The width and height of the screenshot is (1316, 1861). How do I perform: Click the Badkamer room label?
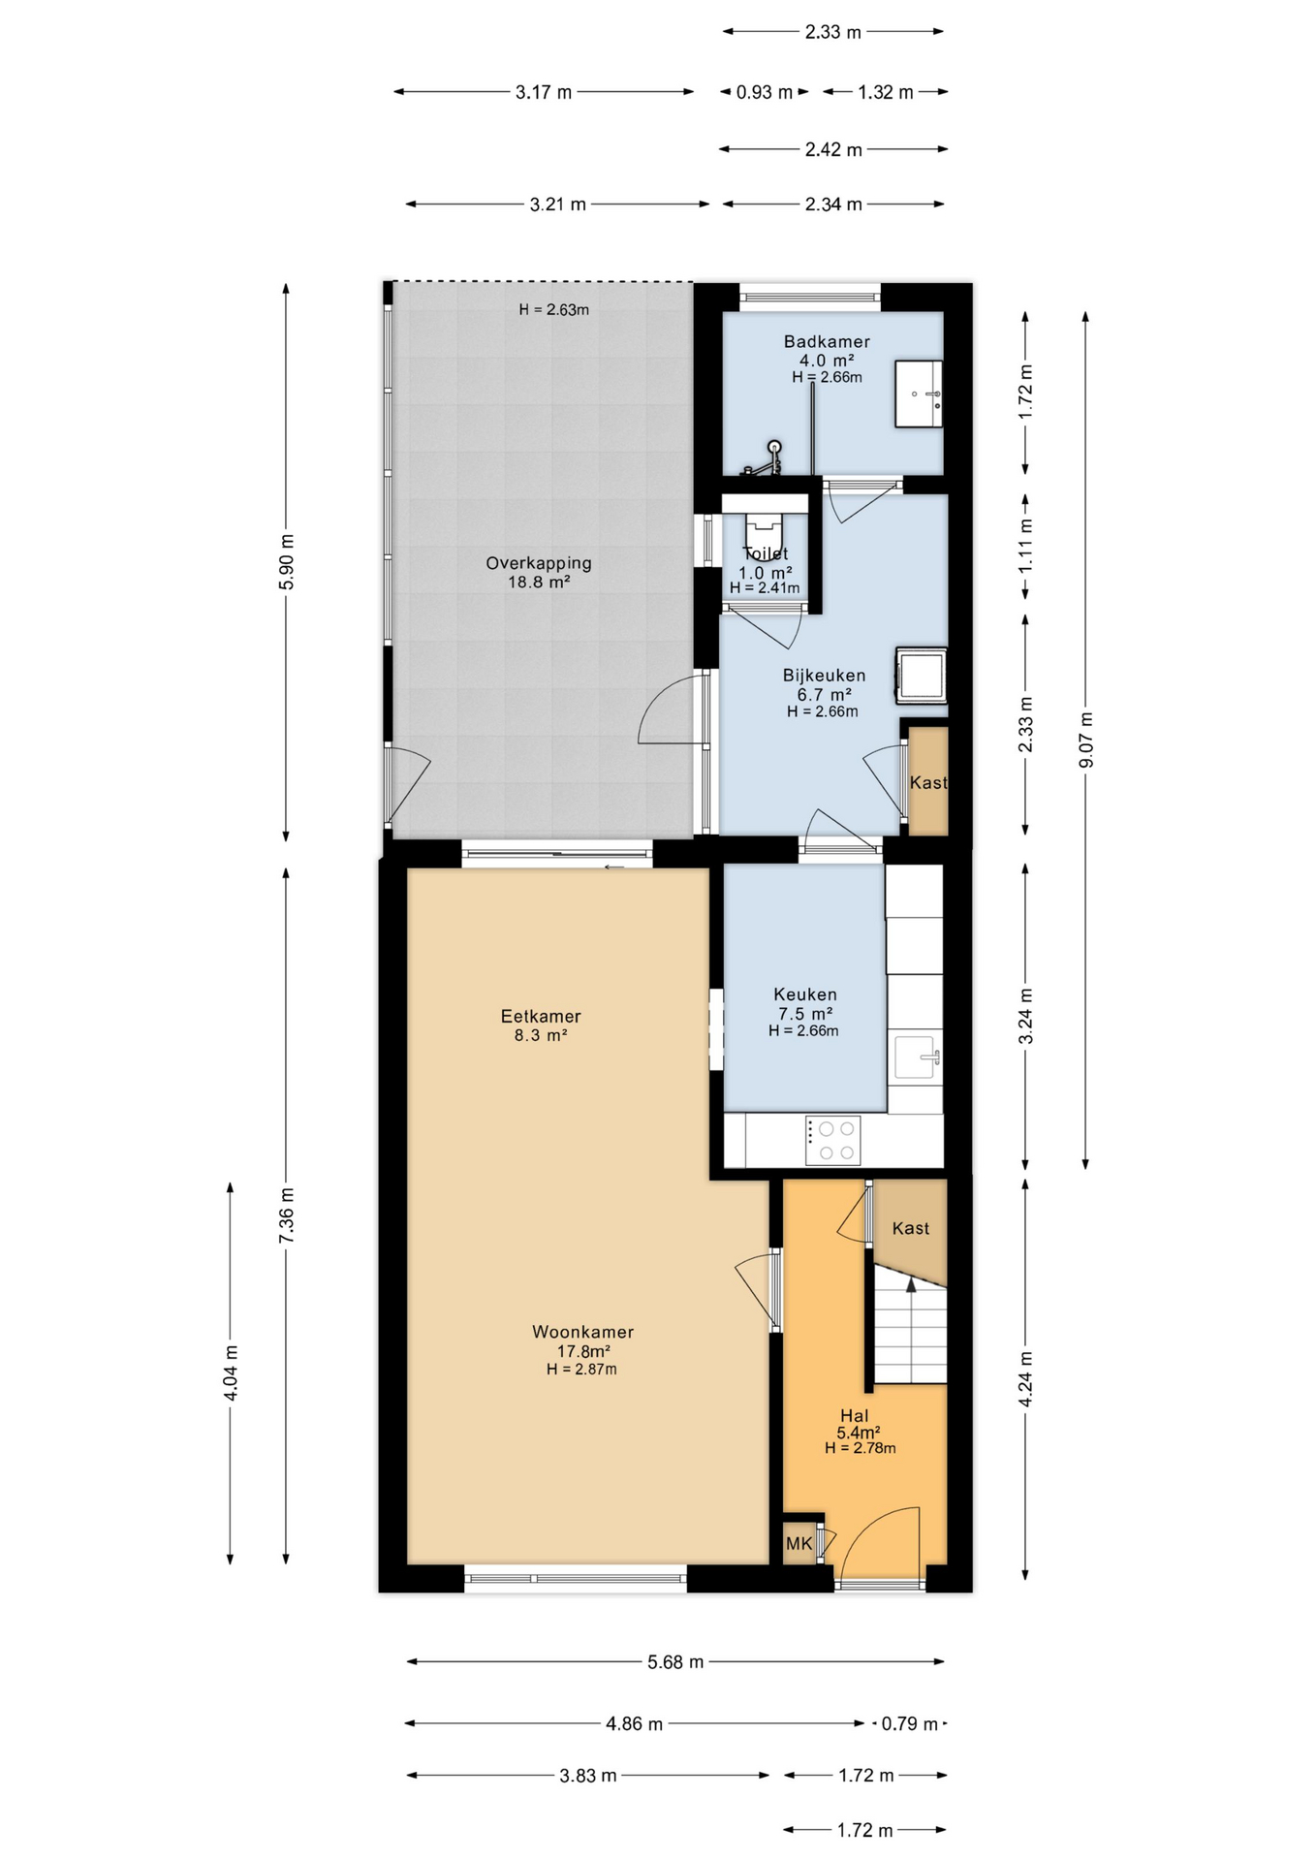827,341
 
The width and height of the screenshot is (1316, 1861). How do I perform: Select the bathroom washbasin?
918,394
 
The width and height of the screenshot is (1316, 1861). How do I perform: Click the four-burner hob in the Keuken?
832,1141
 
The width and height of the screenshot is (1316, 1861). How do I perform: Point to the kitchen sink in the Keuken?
917,1056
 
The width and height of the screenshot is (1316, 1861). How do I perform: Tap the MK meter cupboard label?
799,1544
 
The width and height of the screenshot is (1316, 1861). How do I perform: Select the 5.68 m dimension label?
675,1662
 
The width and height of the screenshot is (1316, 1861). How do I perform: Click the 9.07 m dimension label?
1085,741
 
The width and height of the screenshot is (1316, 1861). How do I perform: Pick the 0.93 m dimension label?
765,92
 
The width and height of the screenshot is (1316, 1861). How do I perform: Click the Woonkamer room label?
582,1332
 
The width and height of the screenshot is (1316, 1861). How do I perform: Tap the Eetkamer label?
541,1016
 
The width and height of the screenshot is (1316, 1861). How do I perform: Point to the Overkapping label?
539,563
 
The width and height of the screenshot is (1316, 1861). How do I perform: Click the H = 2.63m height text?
554,310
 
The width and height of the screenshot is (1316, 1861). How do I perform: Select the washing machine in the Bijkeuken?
921,674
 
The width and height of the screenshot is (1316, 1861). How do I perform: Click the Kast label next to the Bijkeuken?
928,782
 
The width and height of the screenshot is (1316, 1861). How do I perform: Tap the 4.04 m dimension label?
231,1372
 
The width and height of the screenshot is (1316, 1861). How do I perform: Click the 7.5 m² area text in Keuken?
805,1014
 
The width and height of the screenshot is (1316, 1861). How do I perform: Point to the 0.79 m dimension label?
909,1724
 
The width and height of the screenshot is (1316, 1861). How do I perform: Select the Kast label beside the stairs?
911,1228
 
